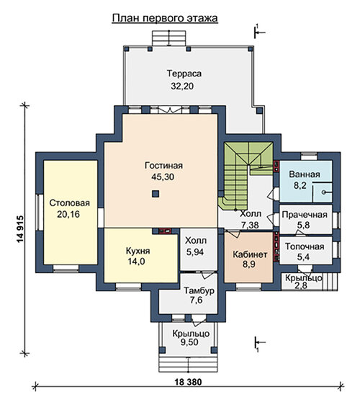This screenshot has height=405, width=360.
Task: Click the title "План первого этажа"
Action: coord(165,18)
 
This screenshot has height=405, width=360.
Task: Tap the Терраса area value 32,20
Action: coord(182,86)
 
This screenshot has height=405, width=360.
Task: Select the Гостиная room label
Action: coord(163,165)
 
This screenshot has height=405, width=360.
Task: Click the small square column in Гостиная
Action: coord(156,194)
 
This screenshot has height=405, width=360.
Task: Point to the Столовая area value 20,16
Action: coord(68,214)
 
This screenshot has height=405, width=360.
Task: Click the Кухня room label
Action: coord(138,251)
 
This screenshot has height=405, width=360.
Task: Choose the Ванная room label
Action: coord(305,174)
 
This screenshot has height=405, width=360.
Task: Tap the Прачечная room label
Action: coord(305,215)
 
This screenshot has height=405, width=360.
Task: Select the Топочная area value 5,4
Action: coord(303,257)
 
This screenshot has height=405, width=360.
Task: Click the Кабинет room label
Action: coord(250,254)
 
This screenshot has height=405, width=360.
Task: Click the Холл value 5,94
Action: coord(195,252)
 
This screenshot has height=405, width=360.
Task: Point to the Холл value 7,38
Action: coord(250,225)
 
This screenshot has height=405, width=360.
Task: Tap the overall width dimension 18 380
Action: coord(188,381)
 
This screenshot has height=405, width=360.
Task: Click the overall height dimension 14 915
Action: coord(20,229)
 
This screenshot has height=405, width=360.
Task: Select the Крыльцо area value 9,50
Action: coord(189,342)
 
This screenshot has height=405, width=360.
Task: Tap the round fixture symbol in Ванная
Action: coord(323,192)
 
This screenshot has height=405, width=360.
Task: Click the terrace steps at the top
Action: coord(168,38)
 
